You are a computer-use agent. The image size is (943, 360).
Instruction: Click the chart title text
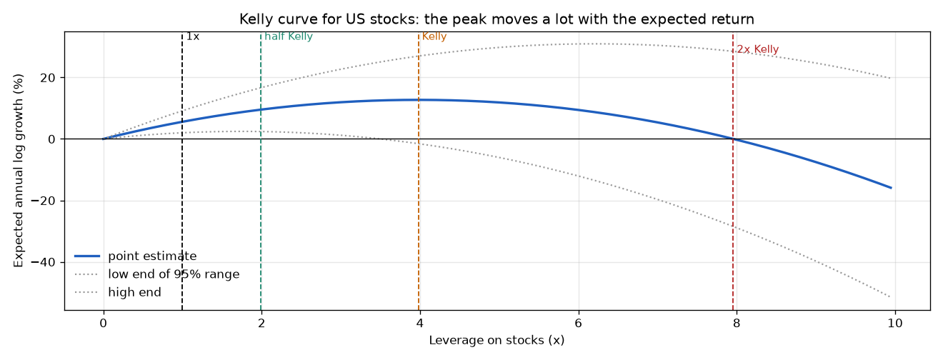[497, 19]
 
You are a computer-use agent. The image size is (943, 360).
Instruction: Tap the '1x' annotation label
[193, 36]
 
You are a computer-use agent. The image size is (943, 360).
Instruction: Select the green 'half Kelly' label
[289, 36]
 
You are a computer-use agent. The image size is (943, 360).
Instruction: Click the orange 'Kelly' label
[434, 36]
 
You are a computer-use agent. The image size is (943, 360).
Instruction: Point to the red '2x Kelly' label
[758, 50]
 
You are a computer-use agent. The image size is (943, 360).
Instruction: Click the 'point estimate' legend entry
[136, 256]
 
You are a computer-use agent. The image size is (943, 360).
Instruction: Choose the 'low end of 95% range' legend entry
[157, 274]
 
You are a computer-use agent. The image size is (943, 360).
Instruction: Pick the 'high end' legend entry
[118, 292]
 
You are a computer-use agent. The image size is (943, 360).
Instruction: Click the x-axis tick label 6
[578, 324]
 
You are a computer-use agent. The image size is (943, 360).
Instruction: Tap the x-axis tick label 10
[895, 324]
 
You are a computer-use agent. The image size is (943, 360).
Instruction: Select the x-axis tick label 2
[261, 324]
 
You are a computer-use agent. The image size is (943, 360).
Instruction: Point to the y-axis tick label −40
[43, 263]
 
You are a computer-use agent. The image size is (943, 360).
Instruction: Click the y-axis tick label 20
[48, 78]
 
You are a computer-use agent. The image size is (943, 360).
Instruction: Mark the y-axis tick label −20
[43, 201]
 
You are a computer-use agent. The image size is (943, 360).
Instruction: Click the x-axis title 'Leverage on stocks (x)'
[497, 340]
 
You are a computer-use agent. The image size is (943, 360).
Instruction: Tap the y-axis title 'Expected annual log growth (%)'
[19, 171]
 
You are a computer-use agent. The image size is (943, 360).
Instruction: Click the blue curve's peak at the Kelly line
[419, 100]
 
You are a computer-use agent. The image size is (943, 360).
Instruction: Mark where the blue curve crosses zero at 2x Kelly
[733, 139]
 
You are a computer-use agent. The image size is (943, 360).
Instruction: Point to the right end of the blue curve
[892, 188]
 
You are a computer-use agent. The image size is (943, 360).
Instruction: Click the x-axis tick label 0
[103, 324]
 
